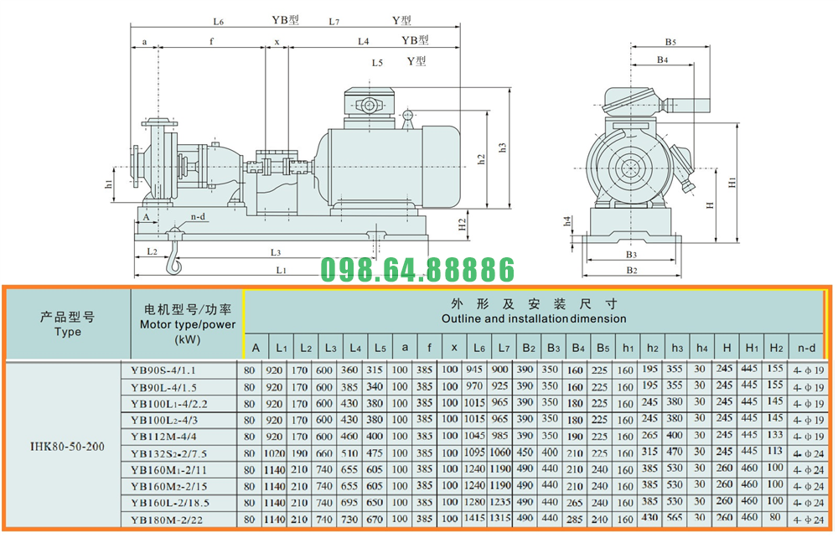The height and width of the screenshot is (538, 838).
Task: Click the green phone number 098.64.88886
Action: pos(417,270)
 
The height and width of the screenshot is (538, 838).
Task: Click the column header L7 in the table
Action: pos(504,347)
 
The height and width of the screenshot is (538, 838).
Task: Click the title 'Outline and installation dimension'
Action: pos(533,318)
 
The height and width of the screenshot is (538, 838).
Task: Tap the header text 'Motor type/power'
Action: pos(187,324)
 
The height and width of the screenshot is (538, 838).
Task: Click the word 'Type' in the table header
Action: pos(67,331)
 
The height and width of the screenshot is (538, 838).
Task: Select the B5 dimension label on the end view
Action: pos(670,41)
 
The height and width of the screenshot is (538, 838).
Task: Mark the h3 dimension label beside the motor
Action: pos(502,147)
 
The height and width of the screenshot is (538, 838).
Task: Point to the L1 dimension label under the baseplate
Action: pos(282,270)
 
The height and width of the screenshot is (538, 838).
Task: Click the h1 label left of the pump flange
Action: pos(108,184)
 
